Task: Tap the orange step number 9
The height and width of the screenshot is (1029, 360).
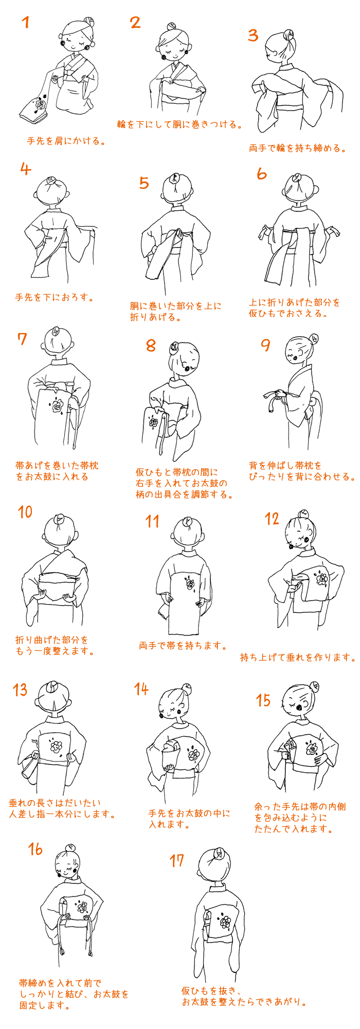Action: coord(265,345)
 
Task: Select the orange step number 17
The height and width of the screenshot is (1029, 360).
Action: coord(176,860)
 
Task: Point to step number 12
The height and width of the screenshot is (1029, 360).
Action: coord(272,519)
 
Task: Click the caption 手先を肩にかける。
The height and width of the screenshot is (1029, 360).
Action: coord(66,140)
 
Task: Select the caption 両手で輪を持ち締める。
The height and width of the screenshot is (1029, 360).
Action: coord(297,148)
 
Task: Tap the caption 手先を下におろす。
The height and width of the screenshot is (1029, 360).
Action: coord(55,297)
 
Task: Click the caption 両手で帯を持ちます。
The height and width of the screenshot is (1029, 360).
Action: coord(183,645)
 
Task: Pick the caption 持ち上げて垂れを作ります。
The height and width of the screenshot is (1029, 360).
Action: coord(298,657)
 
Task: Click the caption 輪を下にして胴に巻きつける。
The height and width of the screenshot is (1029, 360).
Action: coord(179,125)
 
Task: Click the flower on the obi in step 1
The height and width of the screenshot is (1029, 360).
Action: coord(40,105)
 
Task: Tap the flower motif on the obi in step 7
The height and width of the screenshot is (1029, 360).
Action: coord(57,405)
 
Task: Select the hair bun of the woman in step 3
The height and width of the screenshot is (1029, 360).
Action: coord(289,36)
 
